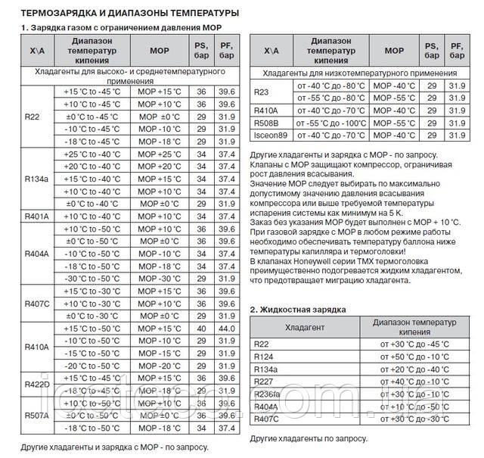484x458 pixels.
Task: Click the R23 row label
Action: click(x=262, y=92)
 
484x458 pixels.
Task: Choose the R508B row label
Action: click(x=266, y=123)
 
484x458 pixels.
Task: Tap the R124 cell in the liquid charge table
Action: click(x=264, y=357)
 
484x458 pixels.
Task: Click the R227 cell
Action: click(x=264, y=381)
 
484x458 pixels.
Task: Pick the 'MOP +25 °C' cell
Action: click(x=159, y=154)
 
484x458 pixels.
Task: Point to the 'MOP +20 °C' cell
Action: click(x=159, y=166)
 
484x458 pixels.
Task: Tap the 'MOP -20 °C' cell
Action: click(x=159, y=365)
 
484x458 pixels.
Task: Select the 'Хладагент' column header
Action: click(x=306, y=327)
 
